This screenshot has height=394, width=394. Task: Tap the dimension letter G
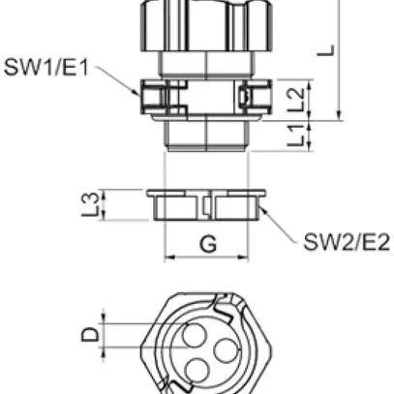click(208, 244)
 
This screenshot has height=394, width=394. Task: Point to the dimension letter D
click(90, 335)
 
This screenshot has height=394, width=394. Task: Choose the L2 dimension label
click(300, 96)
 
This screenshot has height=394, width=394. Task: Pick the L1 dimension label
click(300, 135)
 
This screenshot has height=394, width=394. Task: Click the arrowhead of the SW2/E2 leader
click(257, 209)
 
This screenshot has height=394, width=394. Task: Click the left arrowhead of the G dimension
click(170, 258)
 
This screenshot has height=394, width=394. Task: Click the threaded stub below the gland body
click(207, 135)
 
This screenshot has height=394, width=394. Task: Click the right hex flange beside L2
click(255, 97)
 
